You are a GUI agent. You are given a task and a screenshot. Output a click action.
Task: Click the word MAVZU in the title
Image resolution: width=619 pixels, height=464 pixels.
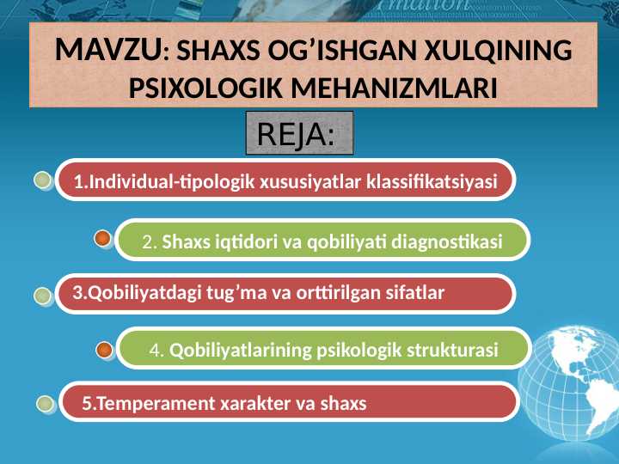click(106, 50)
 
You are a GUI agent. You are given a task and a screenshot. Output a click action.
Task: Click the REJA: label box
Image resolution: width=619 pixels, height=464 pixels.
click(299, 134)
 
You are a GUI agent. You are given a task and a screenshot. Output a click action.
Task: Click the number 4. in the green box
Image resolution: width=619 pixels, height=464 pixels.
click(156, 351)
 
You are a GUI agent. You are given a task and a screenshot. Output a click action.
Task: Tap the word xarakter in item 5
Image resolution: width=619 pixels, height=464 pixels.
click(242, 403)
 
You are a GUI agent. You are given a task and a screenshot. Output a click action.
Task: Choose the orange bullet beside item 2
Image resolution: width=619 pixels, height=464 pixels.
click(102, 238)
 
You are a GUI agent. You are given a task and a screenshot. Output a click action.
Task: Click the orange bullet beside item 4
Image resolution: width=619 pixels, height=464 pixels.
click(104, 350)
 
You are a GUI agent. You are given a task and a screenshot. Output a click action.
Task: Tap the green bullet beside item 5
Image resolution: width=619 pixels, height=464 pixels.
click(46, 403)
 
